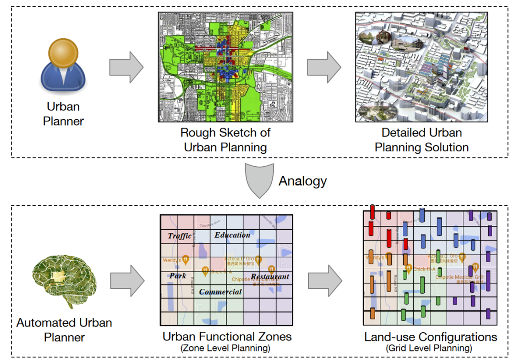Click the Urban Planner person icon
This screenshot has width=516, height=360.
[63, 67]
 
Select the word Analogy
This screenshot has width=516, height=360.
[302, 181]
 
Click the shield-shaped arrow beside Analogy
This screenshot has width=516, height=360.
[260, 181]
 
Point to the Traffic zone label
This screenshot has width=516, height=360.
[180, 236]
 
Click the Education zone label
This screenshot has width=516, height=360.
[232, 235]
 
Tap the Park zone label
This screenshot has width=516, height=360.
[178, 275]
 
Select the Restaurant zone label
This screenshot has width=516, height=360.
[270, 276]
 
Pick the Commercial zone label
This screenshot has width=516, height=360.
[220, 292]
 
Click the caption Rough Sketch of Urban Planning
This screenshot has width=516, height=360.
[226, 140]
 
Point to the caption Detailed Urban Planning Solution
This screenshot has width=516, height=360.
[421, 140]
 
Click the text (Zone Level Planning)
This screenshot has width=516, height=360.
[225, 349]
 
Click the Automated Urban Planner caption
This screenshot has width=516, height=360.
[64, 330]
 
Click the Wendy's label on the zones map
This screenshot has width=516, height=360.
[172, 261]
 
